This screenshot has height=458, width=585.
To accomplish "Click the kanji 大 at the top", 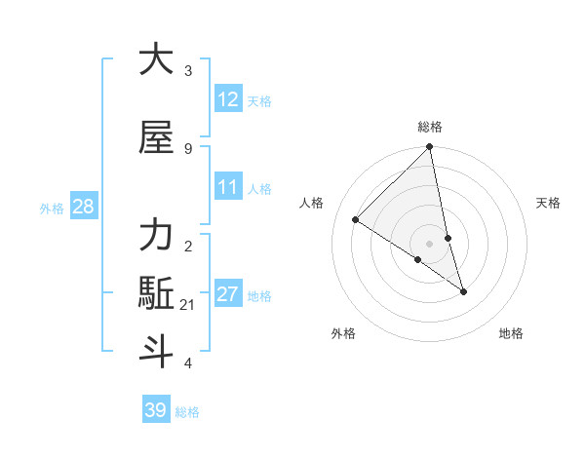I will (x=157, y=59).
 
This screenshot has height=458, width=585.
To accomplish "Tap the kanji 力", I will (x=157, y=235).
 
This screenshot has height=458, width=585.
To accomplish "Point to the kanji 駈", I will (x=157, y=293).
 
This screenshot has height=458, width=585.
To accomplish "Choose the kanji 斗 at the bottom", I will (x=157, y=352).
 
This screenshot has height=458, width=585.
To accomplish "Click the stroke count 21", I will (x=188, y=305).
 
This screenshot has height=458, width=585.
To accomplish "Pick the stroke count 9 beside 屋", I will (x=188, y=148).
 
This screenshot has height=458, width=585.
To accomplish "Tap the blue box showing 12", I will (x=228, y=99).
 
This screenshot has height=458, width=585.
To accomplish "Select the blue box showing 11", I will (x=228, y=187).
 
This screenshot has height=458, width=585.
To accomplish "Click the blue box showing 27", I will (x=228, y=294).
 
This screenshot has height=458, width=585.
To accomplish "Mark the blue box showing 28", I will (x=83, y=207).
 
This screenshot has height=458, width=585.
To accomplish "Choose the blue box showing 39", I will (x=155, y=410).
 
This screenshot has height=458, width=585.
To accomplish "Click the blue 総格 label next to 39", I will (x=187, y=412).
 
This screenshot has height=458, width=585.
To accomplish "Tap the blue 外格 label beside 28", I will (x=52, y=208).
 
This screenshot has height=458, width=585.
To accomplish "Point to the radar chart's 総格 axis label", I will (x=430, y=127).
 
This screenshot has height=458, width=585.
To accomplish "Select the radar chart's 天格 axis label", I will (x=549, y=203).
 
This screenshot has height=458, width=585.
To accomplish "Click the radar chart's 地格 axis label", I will (x=511, y=333).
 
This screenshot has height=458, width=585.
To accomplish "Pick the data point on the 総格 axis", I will (x=430, y=147).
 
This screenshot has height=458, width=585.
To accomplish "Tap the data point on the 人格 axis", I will (x=356, y=220).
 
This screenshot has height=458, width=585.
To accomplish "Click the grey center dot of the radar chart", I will (x=430, y=244).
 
